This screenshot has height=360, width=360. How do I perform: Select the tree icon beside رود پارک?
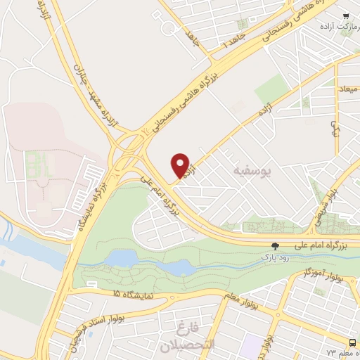tap(275, 246)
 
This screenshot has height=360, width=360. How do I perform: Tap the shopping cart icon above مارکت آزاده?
tap(345, 15)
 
